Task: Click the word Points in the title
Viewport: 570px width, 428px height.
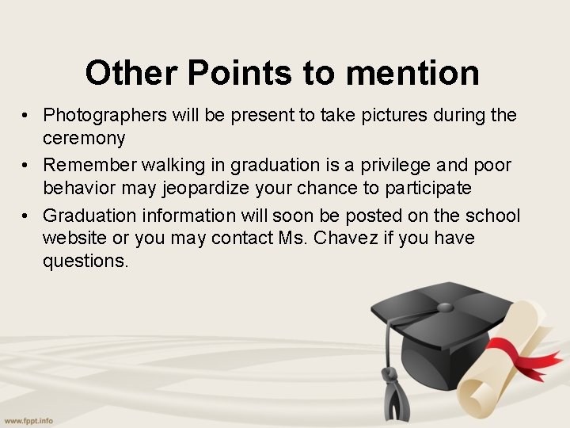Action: tap(239, 73)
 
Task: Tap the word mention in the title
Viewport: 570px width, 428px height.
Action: tap(412, 73)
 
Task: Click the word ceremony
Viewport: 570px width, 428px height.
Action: tap(84, 139)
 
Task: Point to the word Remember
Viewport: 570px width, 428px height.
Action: tap(87, 165)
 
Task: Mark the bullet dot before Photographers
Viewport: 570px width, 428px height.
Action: tap(26, 116)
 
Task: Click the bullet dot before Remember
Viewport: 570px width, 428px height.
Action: tap(26, 165)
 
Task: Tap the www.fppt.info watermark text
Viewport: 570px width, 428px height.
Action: tap(28, 420)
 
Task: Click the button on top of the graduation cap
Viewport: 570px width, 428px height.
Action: tap(445, 308)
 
